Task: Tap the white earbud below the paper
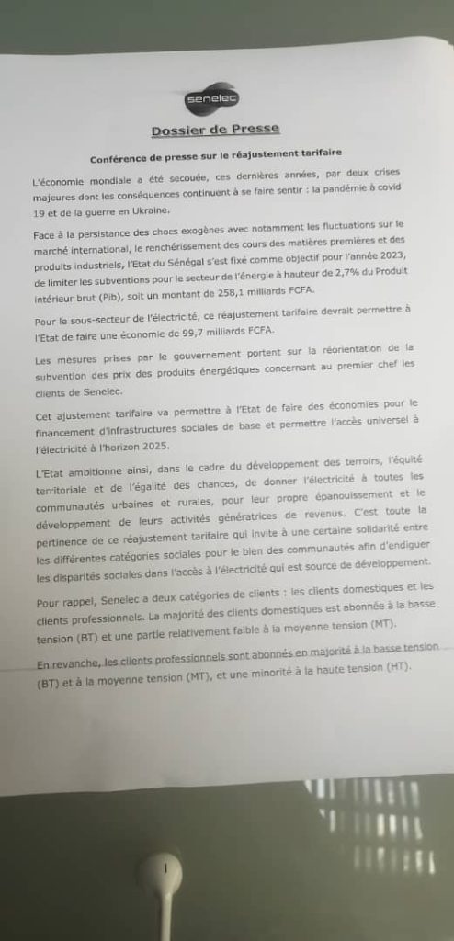pos(162,869)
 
